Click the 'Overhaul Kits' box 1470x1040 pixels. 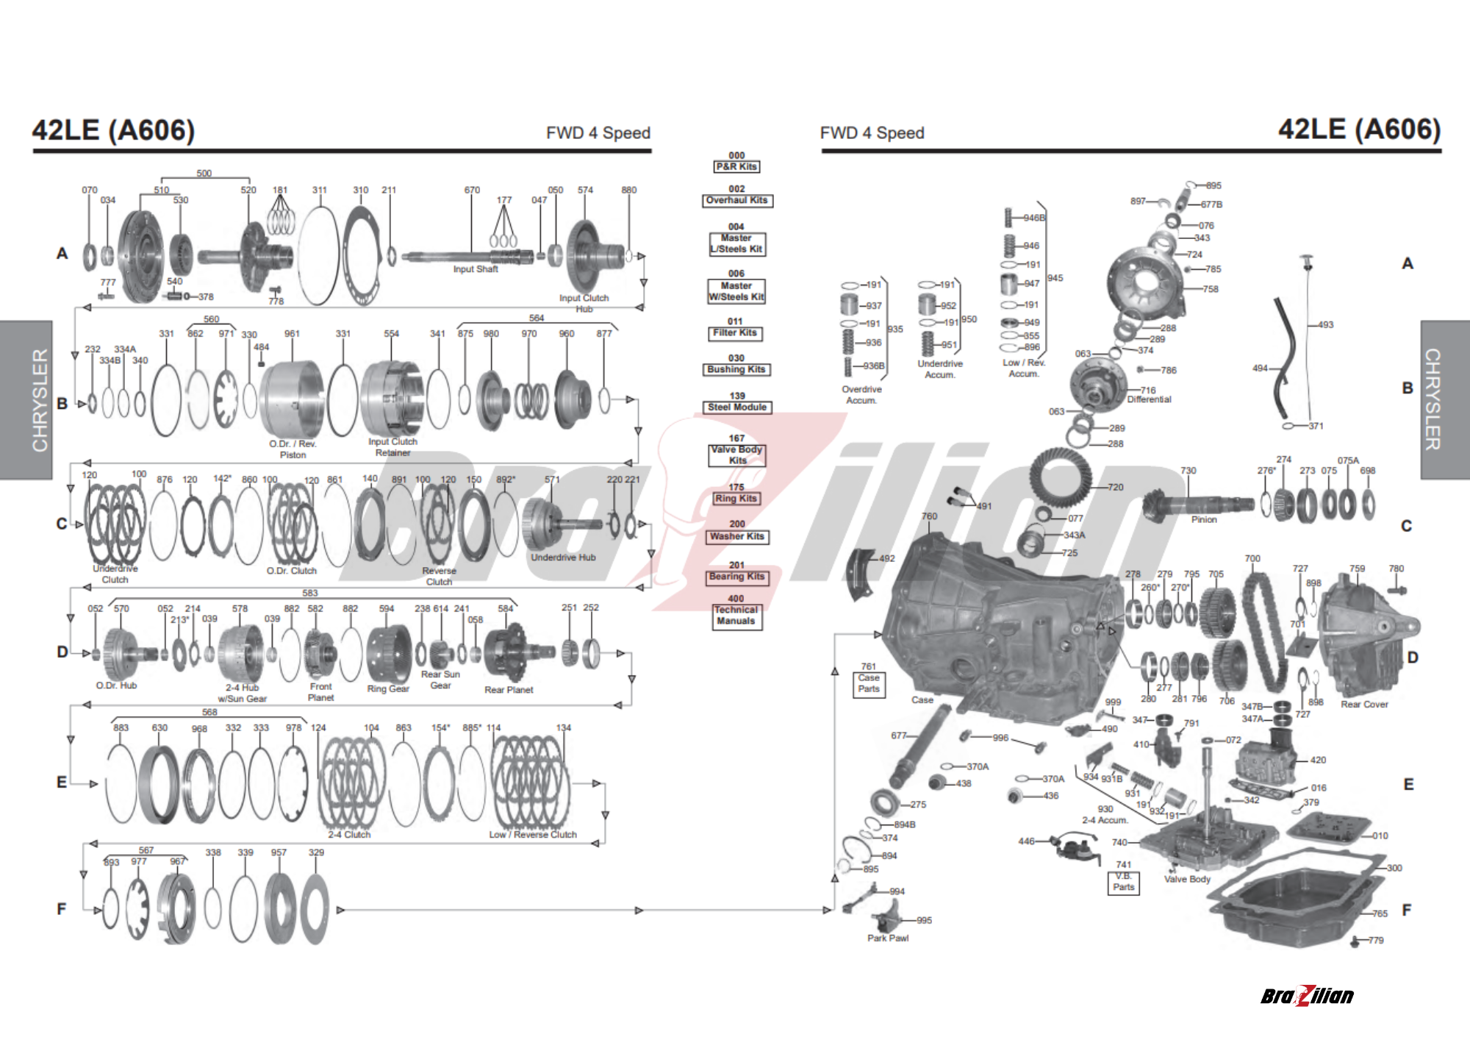pos(737,201)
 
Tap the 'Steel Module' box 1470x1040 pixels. pos(737,407)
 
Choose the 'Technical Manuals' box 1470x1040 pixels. pos(736,616)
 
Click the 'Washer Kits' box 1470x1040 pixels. pos(737,537)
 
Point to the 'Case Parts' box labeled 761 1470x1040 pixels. pos(869,684)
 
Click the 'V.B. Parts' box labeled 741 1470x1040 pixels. pos(1124,882)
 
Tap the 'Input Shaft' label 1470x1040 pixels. pos(476,269)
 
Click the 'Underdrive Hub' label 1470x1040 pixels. pos(563,558)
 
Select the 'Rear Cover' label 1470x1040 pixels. pos(1364,705)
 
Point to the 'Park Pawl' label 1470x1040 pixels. pos(888,939)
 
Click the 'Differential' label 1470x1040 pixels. pos(1149,399)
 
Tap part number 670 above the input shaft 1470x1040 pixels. pos(472,190)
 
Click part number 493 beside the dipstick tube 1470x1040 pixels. pos(1325,324)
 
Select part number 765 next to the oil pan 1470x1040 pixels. pos(1380,913)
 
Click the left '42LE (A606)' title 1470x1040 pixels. pos(113,130)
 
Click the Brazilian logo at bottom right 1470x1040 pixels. pos(1307,996)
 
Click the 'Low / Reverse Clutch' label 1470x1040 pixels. pos(533,835)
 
